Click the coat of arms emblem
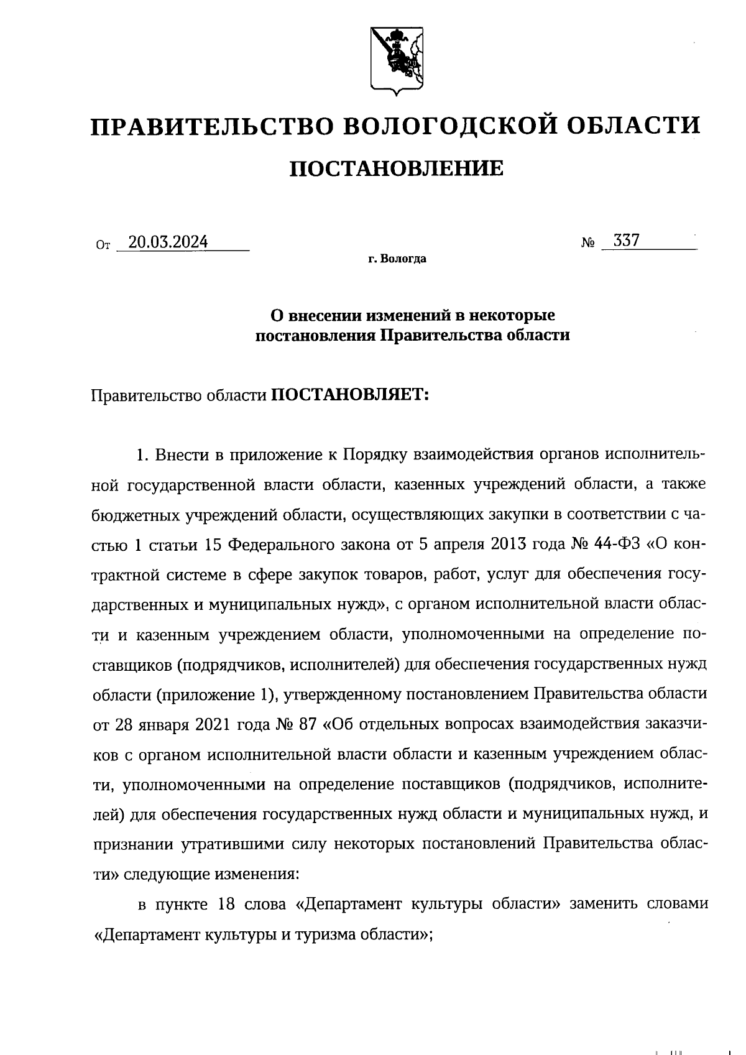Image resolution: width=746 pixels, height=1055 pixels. tap(396, 60)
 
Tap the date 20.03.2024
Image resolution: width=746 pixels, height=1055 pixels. tap(167, 242)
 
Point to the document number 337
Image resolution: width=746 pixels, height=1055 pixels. tap(626, 241)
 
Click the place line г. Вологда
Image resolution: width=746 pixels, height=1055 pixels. tap(396, 259)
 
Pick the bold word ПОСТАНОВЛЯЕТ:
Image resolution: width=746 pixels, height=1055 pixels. tap(351, 395)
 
